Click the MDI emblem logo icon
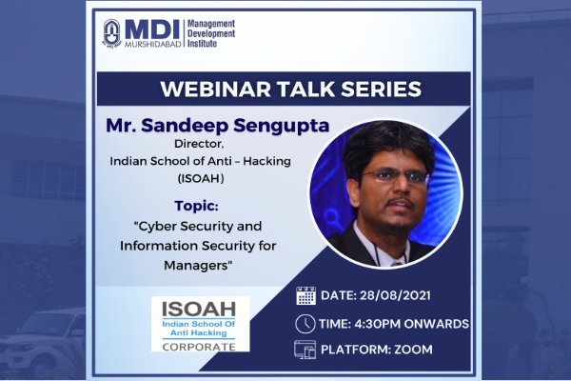[x=111, y=33]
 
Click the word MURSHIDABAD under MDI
[x=153, y=44]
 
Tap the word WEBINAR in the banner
[x=215, y=89]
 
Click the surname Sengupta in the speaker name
[x=282, y=126]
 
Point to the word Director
[x=199, y=144]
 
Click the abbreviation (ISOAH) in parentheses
[x=201, y=179]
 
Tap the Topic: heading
[x=197, y=206]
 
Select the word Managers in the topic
[x=196, y=265]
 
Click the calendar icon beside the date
[x=305, y=295]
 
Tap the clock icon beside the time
[x=305, y=324]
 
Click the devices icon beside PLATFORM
[x=305, y=350]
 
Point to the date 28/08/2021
[x=395, y=295]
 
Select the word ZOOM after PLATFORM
[x=413, y=350]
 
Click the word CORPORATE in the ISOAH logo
[x=199, y=347]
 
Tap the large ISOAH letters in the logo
[x=199, y=310]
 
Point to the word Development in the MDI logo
[x=211, y=33]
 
